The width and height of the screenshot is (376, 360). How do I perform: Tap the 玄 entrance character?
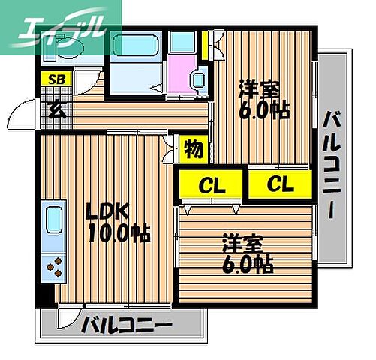pyautogui.click(x=56, y=107)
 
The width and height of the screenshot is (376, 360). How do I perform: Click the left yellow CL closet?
pyautogui.click(x=210, y=184)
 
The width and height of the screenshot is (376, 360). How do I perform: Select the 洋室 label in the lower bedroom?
pyautogui.click(x=242, y=244)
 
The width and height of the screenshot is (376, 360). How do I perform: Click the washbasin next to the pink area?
pyautogui.click(x=199, y=79)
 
